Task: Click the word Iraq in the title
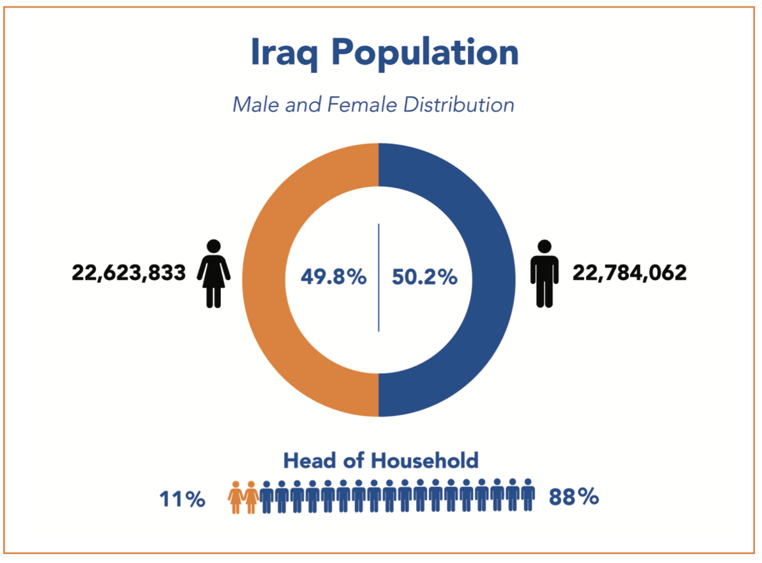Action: pos(285,52)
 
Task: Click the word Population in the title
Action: pos(426,54)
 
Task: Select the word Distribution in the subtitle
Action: pos(458,104)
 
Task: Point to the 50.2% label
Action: pos(424,278)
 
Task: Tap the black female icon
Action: pos(214,274)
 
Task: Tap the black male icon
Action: pos(544,274)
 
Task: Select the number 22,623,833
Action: pos(129,273)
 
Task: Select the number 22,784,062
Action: pos(630,273)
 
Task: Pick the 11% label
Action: pos(182,499)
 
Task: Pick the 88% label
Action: pos(574,497)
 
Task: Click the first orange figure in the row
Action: pos(236,497)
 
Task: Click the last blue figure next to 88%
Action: pos(528,495)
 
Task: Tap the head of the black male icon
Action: pos(544,246)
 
